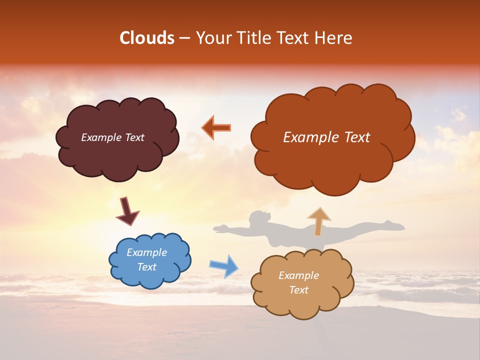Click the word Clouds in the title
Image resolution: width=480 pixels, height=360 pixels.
[x=147, y=38]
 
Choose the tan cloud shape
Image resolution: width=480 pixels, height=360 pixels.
[x=302, y=300]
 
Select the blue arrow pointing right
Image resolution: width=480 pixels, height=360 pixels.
[x=223, y=266]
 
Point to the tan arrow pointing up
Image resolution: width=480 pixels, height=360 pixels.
[x=319, y=221]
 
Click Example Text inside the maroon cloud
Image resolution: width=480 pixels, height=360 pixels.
[x=112, y=137]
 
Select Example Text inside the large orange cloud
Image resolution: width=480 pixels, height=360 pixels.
[x=326, y=137]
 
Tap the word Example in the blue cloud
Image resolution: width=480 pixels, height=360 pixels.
[x=146, y=252]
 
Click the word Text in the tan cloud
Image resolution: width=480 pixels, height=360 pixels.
[x=298, y=290]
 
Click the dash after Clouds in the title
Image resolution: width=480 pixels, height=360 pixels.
[x=184, y=38]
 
